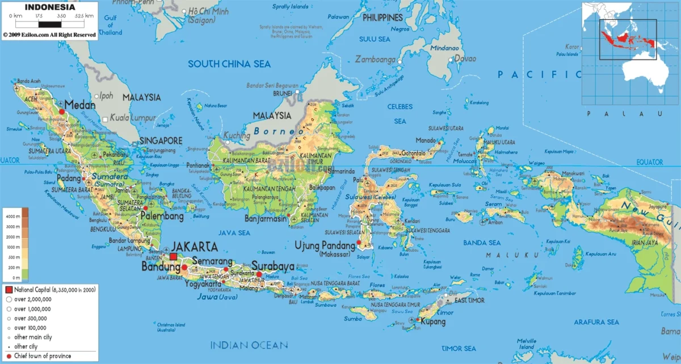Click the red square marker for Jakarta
173,256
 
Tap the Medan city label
79,105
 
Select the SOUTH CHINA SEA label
229,64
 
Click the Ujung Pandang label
326,245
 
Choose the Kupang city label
432,321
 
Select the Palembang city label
162,217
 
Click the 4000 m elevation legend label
13,217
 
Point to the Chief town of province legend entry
43,356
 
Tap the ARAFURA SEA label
596,322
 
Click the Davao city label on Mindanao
465,58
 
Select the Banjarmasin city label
266,218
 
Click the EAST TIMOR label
468,299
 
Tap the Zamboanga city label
375,59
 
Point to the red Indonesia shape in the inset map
624,39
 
